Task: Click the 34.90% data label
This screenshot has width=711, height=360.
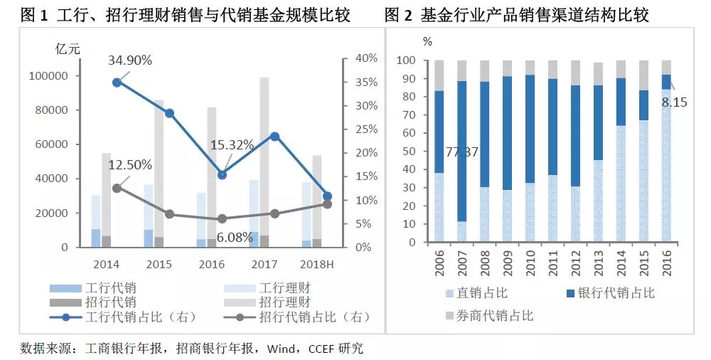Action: pyautogui.click(x=130, y=60)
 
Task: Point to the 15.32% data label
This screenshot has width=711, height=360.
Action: pyautogui.click(x=232, y=145)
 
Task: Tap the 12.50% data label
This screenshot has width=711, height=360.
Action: pyautogui.click(x=130, y=165)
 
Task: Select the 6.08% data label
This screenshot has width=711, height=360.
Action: pyautogui.click(x=232, y=238)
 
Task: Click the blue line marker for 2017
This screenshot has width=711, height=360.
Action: pyautogui.click(x=274, y=136)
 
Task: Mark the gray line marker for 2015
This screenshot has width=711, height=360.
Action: pyautogui.click(x=169, y=213)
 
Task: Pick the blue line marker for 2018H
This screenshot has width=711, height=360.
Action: pyautogui.click(x=327, y=196)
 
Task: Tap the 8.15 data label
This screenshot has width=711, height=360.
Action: pyautogui.click(x=674, y=102)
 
